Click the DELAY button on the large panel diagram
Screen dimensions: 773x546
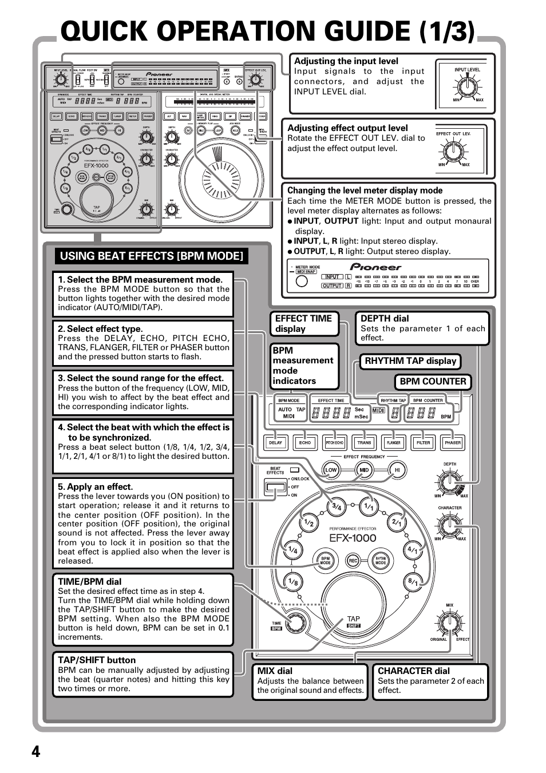point(276,442)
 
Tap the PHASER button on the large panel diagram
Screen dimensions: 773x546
point(453,442)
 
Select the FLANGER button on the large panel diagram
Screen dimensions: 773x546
point(394,442)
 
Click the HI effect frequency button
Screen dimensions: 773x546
point(397,470)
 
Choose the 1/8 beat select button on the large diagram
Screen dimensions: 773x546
point(292,582)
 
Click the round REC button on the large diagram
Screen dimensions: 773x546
point(353,561)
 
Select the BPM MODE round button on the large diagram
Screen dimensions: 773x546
point(325,561)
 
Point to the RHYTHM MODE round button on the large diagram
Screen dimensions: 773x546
point(381,561)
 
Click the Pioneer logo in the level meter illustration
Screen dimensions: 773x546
point(376,267)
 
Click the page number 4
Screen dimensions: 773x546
point(36,751)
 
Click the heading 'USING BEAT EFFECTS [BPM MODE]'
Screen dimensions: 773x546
point(152,256)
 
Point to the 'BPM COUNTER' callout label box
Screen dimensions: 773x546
point(433,382)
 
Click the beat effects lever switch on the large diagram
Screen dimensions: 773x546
point(276,487)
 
